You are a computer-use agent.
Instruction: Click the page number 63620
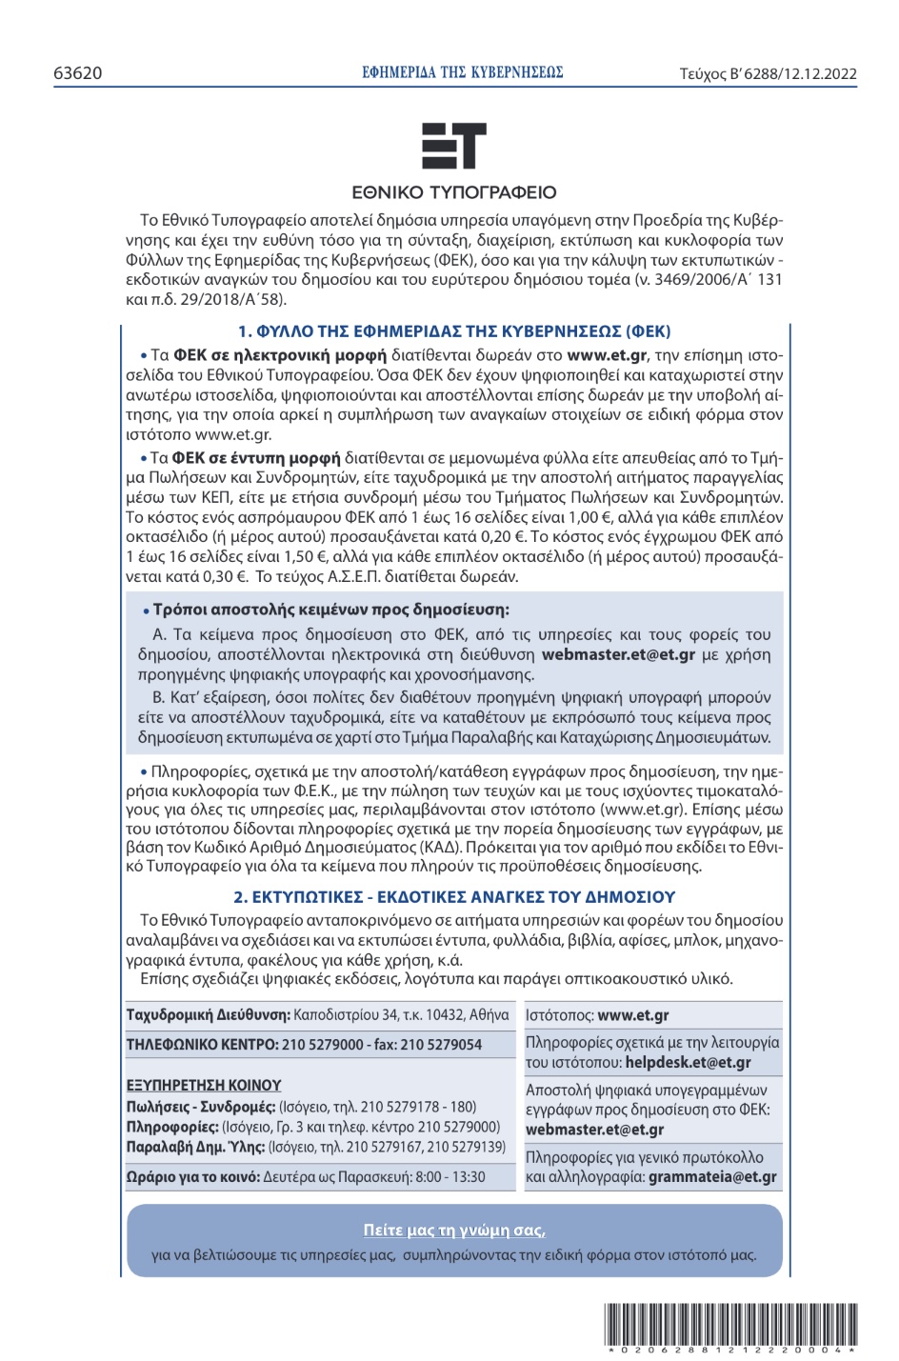[78, 73]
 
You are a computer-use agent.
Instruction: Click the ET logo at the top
[454, 146]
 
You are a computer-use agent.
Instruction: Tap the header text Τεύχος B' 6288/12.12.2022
[768, 73]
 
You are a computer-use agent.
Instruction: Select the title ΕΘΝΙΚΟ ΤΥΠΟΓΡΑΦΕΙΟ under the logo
[454, 192]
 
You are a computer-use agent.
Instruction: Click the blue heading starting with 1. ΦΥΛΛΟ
[454, 331]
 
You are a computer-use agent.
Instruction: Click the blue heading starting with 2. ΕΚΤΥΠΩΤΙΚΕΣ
[454, 896]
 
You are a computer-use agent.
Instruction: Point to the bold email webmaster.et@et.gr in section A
[618, 654]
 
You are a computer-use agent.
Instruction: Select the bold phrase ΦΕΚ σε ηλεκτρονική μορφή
[280, 355]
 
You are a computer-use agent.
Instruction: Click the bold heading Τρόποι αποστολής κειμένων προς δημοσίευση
[330, 610]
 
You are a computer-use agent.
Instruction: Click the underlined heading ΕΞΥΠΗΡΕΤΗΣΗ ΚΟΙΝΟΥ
[204, 1085]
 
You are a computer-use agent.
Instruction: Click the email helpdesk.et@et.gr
[688, 1062]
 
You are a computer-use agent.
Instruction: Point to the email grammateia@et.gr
[712, 1176]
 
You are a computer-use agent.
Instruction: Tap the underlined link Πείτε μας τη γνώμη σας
[454, 1230]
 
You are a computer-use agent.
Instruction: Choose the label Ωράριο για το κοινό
[193, 1177]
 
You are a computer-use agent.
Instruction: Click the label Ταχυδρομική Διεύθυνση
[208, 1015]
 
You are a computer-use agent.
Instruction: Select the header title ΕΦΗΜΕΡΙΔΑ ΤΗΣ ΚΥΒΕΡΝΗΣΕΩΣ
[463, 72]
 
